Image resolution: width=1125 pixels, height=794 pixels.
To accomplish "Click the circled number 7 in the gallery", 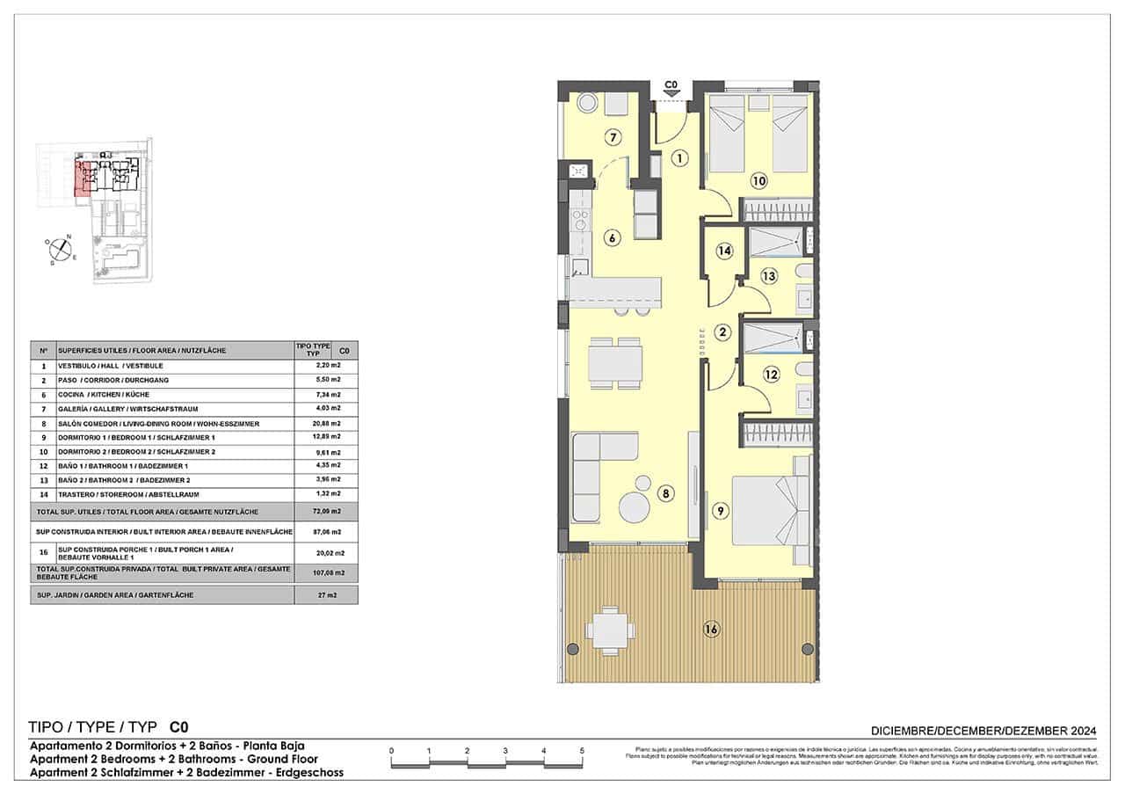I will (x=613, y=137).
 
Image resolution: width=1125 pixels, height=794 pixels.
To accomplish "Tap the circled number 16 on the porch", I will (x=711, y=629).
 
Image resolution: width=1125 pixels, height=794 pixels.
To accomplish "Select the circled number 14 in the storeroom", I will (x=724, y=251).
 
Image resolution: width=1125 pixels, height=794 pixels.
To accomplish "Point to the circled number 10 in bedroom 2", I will (x=759, y=182).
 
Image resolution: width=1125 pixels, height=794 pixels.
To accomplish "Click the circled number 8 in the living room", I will (x=667, y=494).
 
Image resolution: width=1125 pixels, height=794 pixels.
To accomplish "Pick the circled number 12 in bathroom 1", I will (x=771, y=375).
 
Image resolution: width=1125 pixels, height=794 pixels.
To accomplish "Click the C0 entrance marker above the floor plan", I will (x=671, y=87).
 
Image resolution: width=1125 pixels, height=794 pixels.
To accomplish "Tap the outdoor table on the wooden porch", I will (x=611, y=630).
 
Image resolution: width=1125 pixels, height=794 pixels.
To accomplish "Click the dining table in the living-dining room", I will (x=614, y=362).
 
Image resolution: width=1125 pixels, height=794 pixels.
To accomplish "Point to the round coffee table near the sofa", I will (x=635, y=507).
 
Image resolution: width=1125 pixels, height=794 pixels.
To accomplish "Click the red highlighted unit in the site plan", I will (x=85, y=177).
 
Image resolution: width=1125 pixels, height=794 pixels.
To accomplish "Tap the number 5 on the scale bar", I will (x=582, y=750).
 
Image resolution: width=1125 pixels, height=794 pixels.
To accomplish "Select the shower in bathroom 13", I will (x=775, y=240).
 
